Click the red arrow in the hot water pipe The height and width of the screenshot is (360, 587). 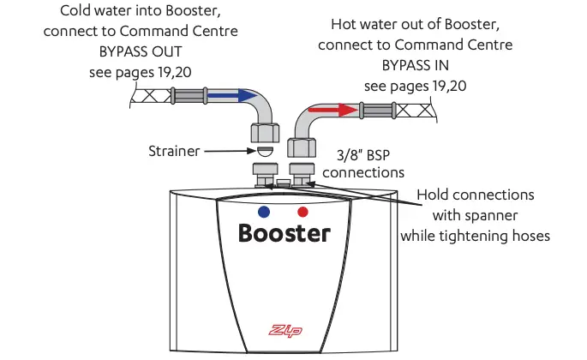pos(334,111)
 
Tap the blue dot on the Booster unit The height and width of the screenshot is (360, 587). pos(264,211)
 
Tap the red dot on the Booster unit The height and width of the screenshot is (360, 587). pos(302,211)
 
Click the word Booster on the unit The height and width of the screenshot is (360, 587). pos(284,232)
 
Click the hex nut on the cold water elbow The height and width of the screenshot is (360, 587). pos(265,131)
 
